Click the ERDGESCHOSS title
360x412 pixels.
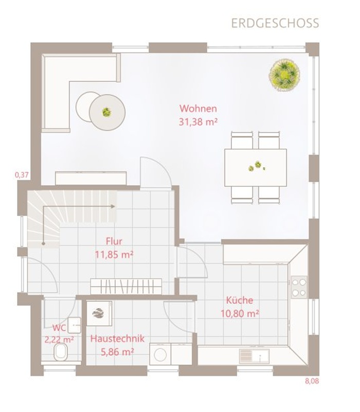point(275,23)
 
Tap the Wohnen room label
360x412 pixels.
point(199,109)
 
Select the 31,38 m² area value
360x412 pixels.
point(199,122)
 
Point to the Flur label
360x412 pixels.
point(114,241)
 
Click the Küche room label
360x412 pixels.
point(240,300)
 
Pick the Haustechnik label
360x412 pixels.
point(117,338)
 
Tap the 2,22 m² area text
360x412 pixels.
point(59,340)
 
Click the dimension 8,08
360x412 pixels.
point(312,381)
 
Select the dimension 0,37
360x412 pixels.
point(22,175)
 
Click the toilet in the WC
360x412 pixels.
point(61,352)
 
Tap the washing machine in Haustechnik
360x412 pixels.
point(160,354)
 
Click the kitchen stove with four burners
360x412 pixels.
point(299,287)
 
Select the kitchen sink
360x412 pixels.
point(255,356)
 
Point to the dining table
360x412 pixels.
point(256,168)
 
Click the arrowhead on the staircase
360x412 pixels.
point(113,206)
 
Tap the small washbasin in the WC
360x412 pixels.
point(75,325)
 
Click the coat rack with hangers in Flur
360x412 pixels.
point(126,286)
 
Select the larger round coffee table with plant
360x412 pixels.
point(107,112)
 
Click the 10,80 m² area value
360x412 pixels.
point(240,313)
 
